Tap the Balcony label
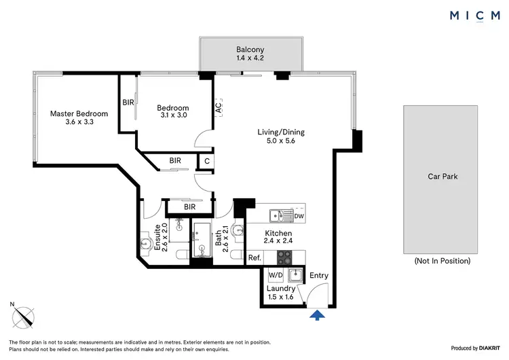pos(250,54)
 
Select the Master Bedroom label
pos(79,118)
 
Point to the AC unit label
pos(218,107)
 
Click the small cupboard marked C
pos(206,161)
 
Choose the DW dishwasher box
pos(299,216)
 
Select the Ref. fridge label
pos(254,257)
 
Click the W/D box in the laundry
pos(276,275)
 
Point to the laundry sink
pos(296,275)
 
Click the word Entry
pos(319,275)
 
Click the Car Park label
pos(442,177)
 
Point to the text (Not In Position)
pos(442,261)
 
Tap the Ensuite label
pos(158,237)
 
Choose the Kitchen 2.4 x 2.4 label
pos(278,237)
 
